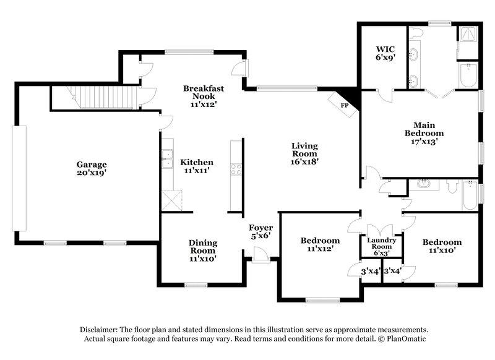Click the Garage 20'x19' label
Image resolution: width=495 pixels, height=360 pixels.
92,169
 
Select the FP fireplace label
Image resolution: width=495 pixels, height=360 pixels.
345,105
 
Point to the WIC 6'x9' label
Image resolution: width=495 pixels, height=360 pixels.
386,52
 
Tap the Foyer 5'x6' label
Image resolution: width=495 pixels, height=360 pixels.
260,231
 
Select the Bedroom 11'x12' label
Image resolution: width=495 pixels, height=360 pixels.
319,244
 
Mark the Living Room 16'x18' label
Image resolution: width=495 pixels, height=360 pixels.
304,154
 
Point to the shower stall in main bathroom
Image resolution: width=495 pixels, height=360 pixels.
468,35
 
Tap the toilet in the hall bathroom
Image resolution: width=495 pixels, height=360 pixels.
452,185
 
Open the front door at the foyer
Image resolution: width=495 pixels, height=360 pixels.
260,255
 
